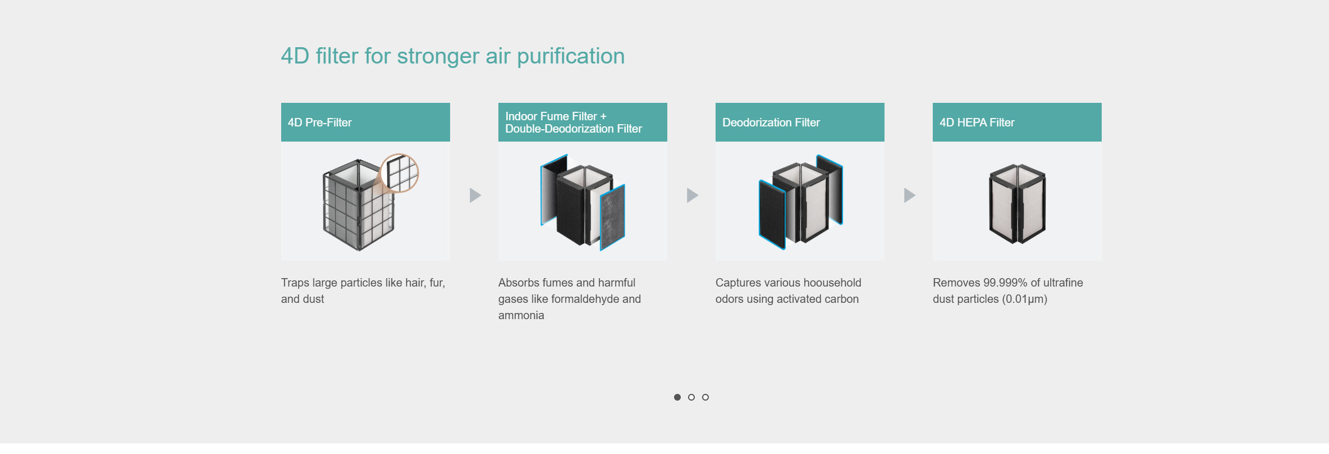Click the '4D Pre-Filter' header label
click(x=319, y=122)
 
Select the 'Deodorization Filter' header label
click(x=771, y=122)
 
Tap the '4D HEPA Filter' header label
click(x=977, y=122)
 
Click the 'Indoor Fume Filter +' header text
click(x=556, y=116)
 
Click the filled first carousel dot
click(x=677, y=397)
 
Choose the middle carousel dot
click(x=691, y=397)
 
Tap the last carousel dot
click(x=705, y=397)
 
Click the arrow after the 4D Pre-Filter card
click(x=475, y=195)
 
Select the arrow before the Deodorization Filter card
click(x=693, y=195)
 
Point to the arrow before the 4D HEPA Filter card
click(x=910, y=195)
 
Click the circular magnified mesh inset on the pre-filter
click(x=399, y=173)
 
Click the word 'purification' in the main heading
click(x=571, y=56)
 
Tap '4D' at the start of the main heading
click(x=295, y=56)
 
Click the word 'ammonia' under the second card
click(x=521, y=315)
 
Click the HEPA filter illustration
click(x=1017, y=203)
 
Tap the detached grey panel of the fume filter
click(x=612, y=217)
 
